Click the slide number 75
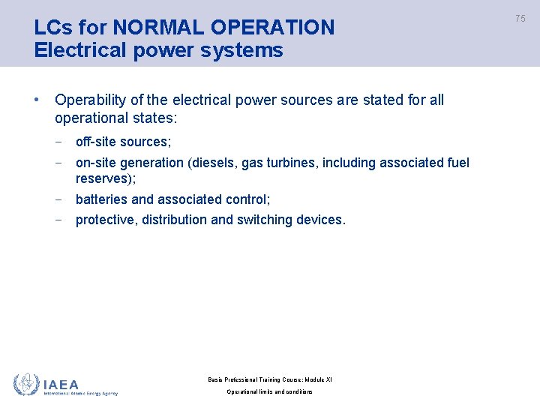click(x=520, y=19)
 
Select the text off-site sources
click(x=123, y=142)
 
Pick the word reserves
click(x=103, y=178)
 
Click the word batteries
click(x=101, y=199)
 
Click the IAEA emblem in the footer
click(x=26, y=385)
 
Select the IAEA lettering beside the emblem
click(x=61, y=384)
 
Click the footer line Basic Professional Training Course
click(x=269, y=379)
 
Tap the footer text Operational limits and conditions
click(x=269, y=392)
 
